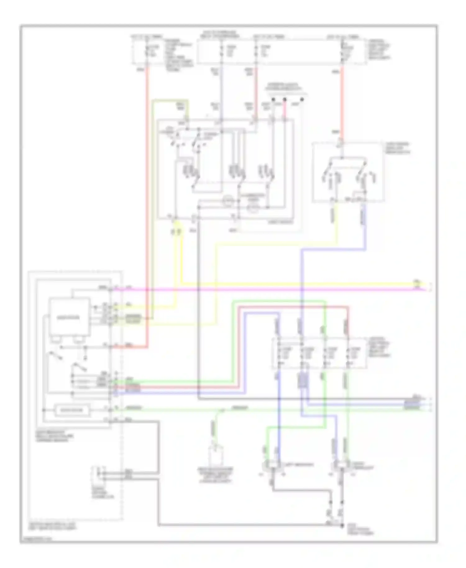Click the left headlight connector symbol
272,465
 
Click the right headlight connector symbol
341,465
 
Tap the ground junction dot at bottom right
342,525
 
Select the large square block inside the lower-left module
69,317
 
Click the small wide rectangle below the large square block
72,410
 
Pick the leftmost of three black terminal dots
273,100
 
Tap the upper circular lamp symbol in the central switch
228,201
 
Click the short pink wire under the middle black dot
284,110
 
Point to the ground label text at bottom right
360,531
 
